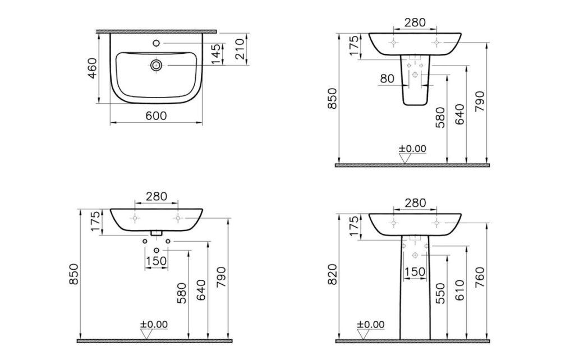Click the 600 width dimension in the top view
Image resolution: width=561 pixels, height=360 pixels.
coord(156,116)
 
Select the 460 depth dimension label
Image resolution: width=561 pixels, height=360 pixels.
coord(93,68)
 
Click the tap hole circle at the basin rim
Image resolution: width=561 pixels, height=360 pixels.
coord(156,43)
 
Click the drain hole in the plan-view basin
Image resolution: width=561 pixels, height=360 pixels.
coord(156,66)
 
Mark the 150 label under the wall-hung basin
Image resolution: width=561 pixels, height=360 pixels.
coord(157,260)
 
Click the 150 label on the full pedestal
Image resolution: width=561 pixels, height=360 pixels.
coord(415,271)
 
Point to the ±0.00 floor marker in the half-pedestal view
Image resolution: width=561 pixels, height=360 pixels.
coord(412,149)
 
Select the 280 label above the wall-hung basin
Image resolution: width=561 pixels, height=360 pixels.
coord(157,196)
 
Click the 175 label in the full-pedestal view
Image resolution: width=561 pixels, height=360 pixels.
coord(353,228)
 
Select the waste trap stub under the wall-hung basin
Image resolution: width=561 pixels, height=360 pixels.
coord(157,232)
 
